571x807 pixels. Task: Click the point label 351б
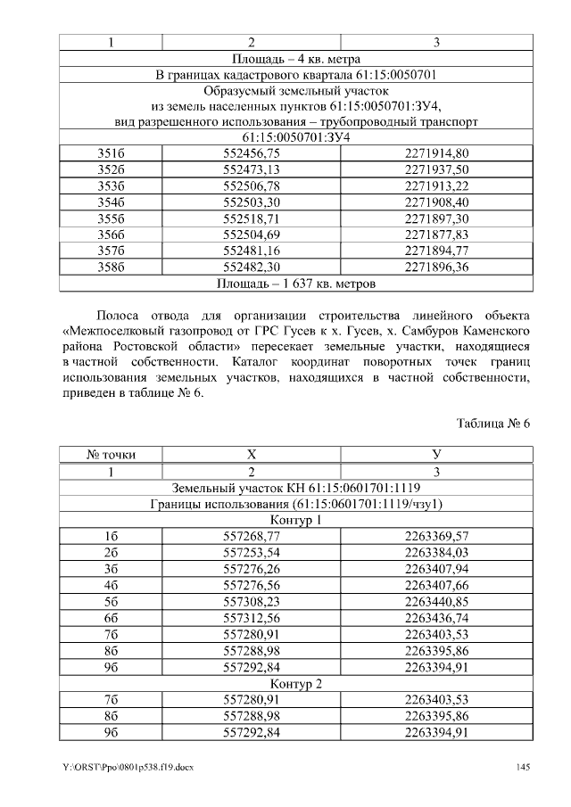coord(111,154)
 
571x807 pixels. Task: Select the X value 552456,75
coord(251,154)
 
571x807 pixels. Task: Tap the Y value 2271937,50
coord(436,169)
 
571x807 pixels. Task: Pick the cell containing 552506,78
coord(251,185)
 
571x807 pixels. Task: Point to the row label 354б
coord(111,202)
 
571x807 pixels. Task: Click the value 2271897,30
coord(436,218)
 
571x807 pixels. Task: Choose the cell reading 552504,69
coord(251,235)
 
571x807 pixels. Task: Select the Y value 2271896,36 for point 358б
coord(436,267)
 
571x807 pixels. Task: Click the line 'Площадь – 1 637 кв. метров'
coord(296,284)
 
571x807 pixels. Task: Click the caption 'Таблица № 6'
coord(493,422)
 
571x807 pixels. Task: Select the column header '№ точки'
coord(111,455)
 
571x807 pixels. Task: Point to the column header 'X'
coord(251,455)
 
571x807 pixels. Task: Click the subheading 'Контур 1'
coord(296,520)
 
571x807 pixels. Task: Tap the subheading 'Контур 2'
coord(296,684)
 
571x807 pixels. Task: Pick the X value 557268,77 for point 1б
coord(251,536)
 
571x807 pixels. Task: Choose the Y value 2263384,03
coord(436,553)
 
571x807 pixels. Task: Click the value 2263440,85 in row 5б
coord(436,602)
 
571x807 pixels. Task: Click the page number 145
coord(523,769)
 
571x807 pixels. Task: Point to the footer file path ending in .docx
coord(127,769)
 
